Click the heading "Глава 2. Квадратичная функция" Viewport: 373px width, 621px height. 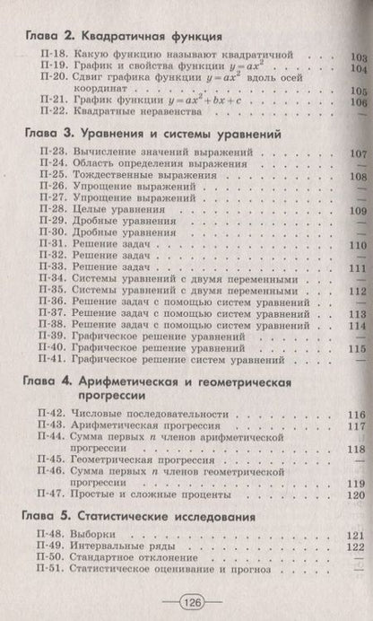point(123,38)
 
